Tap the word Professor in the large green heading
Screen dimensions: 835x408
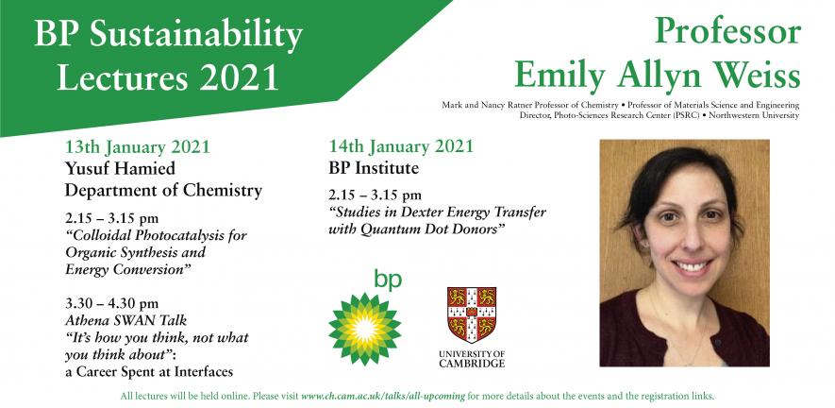coord(728,31)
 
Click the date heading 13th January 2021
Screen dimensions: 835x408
coord(138,146)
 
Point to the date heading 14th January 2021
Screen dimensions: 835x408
coord(400,146)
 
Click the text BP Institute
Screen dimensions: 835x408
coord(374,168)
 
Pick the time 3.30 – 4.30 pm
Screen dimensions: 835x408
coord(112,303)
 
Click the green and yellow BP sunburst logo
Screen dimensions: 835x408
coord(365,329)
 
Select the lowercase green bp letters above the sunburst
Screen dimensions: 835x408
coord(388,279)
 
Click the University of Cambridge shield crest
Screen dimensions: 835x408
coord(472,314)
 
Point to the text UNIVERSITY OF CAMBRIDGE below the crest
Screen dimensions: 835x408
coord(472,358)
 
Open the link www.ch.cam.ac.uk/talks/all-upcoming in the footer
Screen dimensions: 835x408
coord(383,397)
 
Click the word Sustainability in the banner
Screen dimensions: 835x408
coord(196,35)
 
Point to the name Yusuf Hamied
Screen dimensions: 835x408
coord(120,169)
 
